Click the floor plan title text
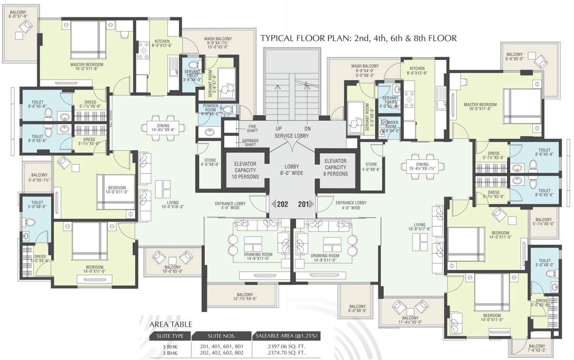[x=358, y=38]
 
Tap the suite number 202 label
[x=282, y=204]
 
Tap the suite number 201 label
[x=304, y=204]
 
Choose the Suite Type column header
[x=170, y=336]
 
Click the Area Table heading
[x=171, y=324]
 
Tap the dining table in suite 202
[x=161, y=127]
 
